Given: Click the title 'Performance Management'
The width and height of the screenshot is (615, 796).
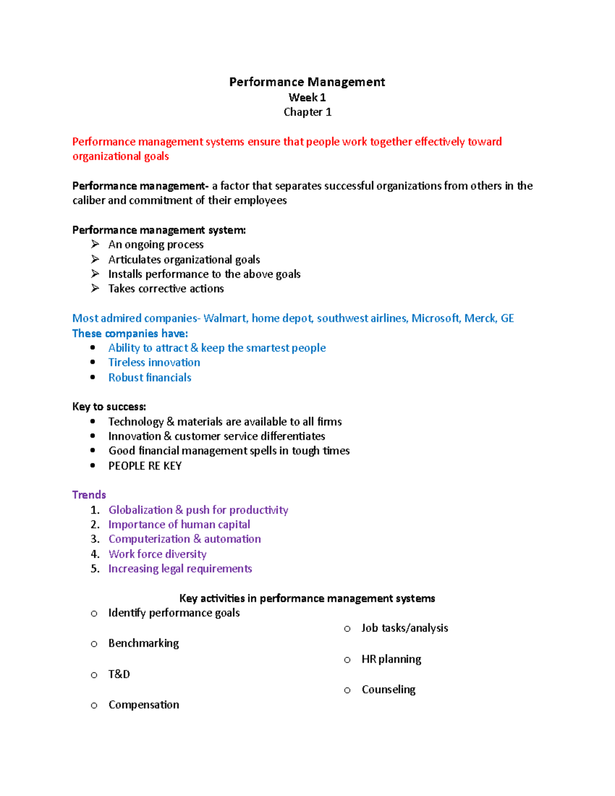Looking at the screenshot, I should [307, 82].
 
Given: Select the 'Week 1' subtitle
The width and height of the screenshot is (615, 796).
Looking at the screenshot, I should [307, 97].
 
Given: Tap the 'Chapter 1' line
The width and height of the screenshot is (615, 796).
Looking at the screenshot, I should [307, 112].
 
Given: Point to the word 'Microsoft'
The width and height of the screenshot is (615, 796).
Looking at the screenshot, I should [435, 318].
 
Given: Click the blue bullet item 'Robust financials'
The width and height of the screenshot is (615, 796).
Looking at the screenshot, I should [150, 378].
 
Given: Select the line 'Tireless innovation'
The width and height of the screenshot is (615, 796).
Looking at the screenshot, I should [154, 362].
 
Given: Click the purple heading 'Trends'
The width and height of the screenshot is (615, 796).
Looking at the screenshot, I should [89, 495].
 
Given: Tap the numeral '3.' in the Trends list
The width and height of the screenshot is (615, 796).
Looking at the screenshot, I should [95, 539].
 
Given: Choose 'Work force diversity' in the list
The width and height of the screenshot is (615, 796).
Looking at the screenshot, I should [157, 554].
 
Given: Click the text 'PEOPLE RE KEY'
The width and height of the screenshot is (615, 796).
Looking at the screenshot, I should [145, 466].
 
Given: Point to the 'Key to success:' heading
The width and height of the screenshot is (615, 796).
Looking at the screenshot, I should [109, 407].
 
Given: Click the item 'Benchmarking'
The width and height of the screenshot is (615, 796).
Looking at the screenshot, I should [143, 643].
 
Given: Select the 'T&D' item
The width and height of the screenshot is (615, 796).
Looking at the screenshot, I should [119, 674].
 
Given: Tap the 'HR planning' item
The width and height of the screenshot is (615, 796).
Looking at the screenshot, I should [391, 659].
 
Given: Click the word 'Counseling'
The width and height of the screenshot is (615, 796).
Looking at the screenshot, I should [388, 690].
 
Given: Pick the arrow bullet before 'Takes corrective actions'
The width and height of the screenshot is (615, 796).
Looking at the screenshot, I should [95, 289].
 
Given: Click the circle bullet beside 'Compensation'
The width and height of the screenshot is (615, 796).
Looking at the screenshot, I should [94, 706].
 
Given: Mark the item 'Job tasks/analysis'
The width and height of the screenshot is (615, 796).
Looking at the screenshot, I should [404, 628].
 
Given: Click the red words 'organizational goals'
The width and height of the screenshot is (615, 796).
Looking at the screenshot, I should [120, 156].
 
